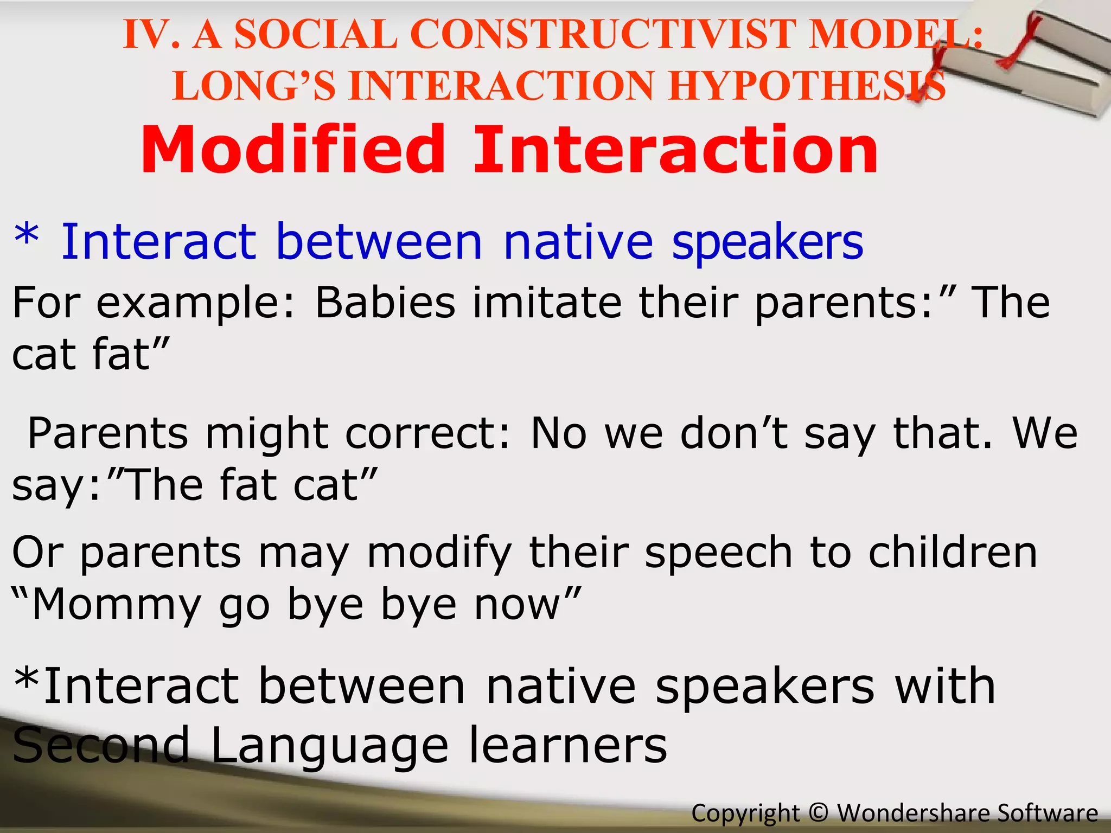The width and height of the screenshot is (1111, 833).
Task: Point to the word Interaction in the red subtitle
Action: click(675, 150)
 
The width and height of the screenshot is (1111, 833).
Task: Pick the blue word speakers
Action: click(767, 242)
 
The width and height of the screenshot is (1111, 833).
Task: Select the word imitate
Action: click(546, 302)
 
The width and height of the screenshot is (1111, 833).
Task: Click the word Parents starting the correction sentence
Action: click(108, 433)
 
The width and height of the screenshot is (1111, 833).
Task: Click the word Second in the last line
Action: click(101, 746)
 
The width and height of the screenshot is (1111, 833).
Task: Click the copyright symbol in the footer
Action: click(818, 812)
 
